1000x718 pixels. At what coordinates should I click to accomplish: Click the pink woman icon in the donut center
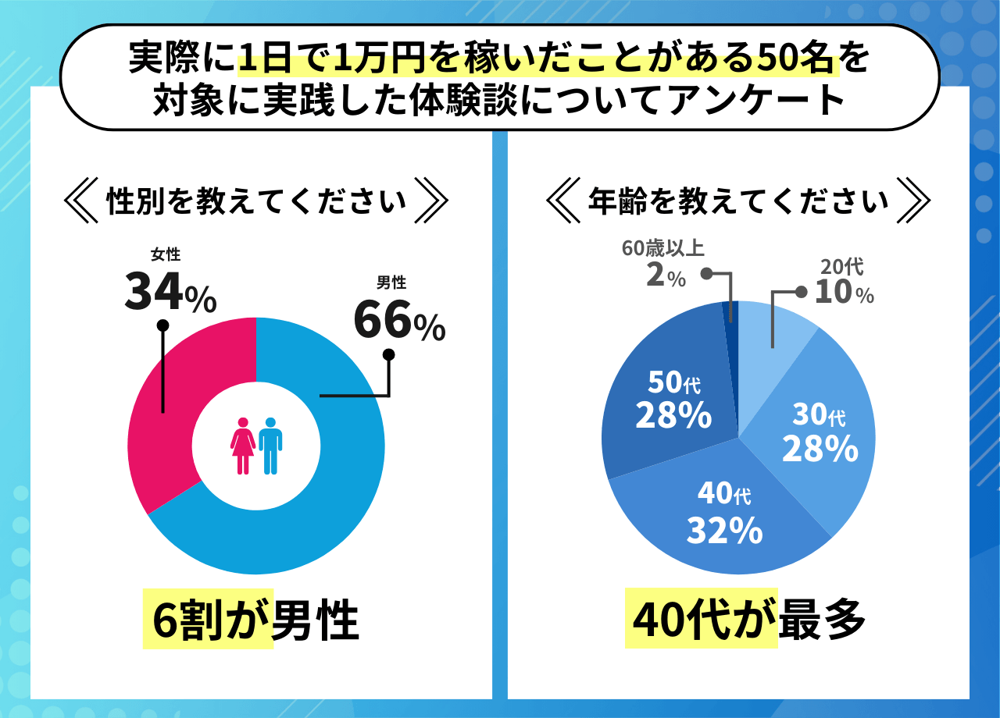(x=243, y=446)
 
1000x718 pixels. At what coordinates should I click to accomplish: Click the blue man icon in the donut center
(x=270, y=446)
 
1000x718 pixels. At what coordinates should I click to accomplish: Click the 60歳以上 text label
(x=663, y=249)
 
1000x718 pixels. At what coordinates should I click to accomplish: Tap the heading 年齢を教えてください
(x=737, y=201)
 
